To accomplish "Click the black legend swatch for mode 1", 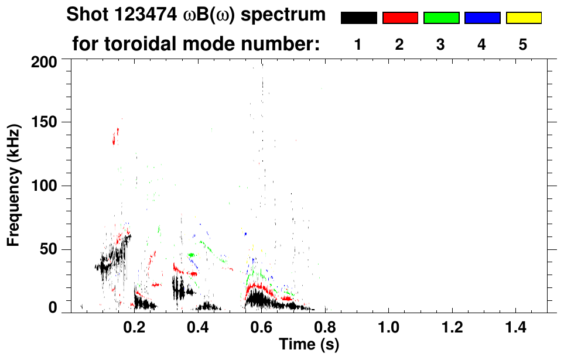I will point(358,18).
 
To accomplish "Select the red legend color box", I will point(400,18).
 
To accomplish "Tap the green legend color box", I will point(441,18).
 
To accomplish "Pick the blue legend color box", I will point(482,18).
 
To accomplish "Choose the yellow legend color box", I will point(523,18).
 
